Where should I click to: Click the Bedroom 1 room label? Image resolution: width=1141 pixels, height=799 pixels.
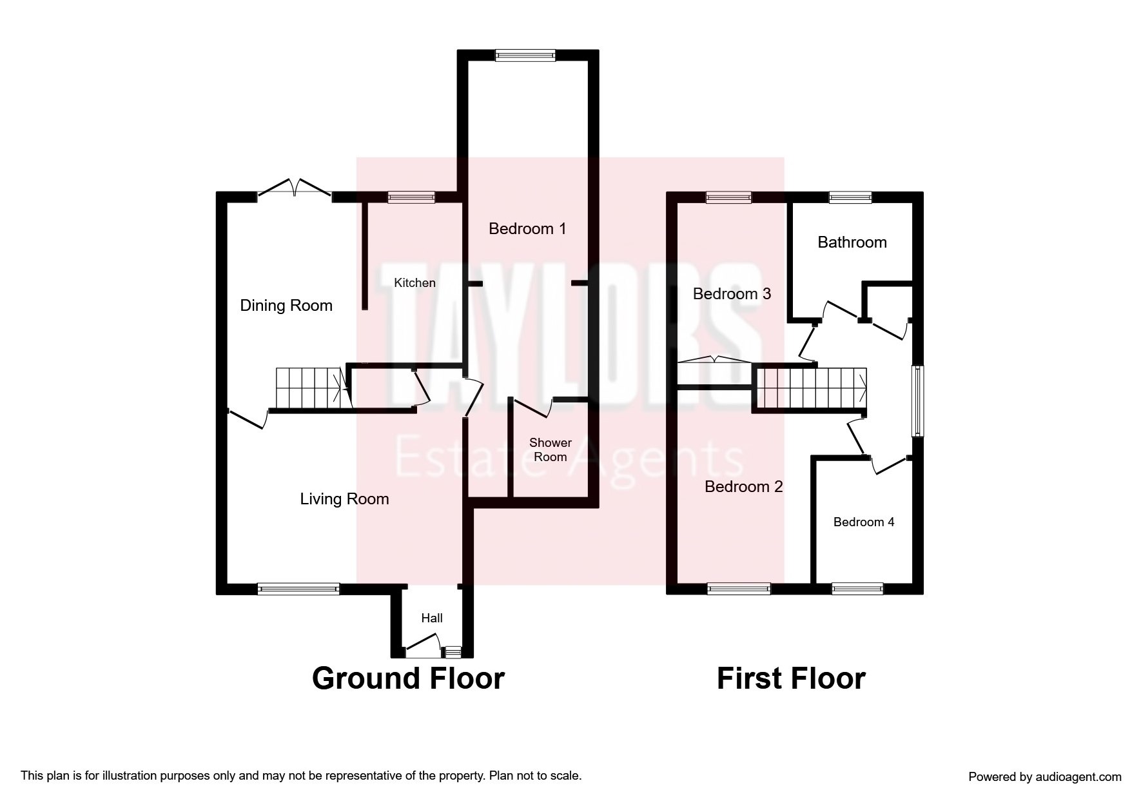[527, 229]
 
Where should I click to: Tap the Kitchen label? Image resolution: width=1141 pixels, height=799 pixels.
[415, 282]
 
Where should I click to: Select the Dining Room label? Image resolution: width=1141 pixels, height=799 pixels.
[286, 306]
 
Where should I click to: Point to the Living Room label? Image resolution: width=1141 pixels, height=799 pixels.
[344, 499]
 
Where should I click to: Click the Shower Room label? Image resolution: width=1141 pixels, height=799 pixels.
[551, 450]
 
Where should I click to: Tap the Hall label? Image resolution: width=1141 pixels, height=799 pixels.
[432, 618]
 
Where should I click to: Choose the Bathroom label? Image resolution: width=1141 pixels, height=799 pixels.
[852, 242]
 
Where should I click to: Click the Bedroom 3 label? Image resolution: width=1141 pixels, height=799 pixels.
[732, 294]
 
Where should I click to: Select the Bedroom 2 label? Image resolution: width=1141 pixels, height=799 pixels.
[744, 487]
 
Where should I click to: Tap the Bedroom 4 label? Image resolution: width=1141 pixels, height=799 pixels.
[864, 522]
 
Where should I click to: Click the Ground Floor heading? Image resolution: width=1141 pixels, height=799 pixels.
[408, 678]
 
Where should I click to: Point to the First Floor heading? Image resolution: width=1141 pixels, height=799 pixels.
[791, 678]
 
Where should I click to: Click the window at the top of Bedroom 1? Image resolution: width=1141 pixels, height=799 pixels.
[525, 56]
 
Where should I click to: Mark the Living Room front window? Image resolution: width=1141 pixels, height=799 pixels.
[298, 588]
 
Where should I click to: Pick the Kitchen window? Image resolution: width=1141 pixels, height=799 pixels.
[411, 197]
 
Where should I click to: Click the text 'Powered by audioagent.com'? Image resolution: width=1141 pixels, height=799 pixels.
[1045, 777]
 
